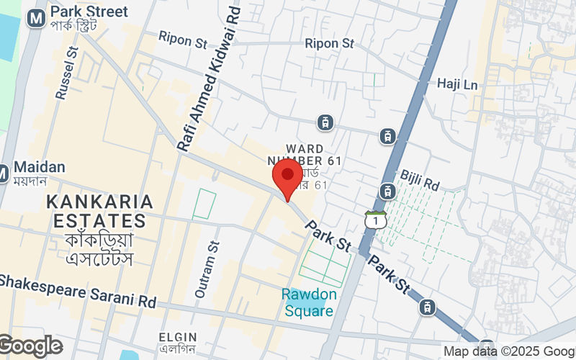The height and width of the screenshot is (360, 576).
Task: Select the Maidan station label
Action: (39, 167)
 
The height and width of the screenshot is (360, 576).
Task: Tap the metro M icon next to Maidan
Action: (3, 174)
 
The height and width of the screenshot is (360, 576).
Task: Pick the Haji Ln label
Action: (457, 84)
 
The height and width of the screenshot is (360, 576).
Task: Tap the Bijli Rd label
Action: (420, 181)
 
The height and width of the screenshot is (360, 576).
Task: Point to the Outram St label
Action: (205, 270)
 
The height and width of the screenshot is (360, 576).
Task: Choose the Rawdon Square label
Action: (307, 302)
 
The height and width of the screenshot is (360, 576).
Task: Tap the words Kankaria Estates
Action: (100, 211)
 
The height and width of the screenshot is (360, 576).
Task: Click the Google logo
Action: (30, 346)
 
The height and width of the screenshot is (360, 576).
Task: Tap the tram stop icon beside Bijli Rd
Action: (387, 192)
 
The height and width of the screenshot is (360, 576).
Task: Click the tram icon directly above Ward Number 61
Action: (327, 122)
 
